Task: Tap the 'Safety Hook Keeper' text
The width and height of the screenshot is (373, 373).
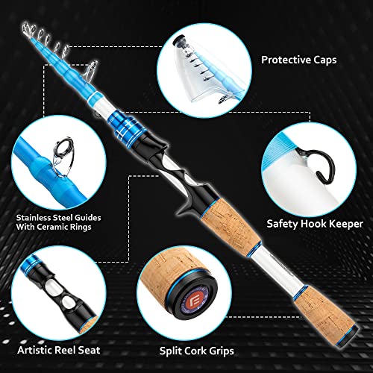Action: click(314, 222)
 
